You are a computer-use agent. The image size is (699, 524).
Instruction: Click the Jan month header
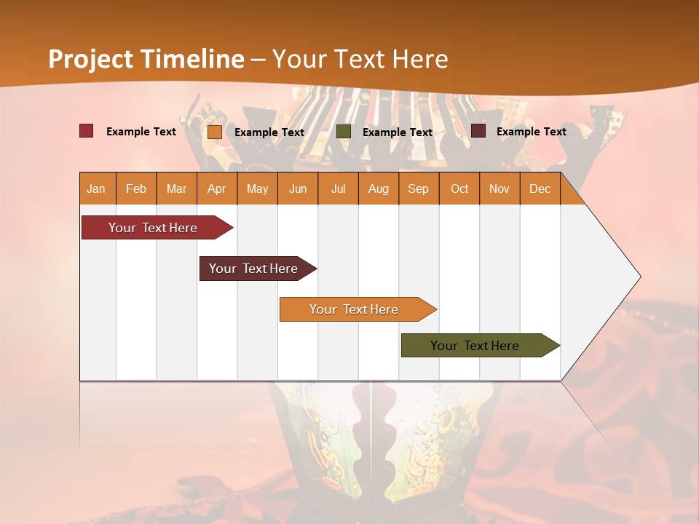click(96, 188)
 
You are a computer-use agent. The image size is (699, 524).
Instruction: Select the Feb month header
click(136, 188)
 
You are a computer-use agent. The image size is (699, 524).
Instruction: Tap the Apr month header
click(217, 188)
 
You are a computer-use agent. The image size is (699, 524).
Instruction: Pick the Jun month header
click(298, 188)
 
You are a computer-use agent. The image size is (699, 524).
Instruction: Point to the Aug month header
click(379, 188)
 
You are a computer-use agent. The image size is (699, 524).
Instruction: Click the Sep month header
click(419, 188)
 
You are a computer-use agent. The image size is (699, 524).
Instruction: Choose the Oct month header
click(459, 188)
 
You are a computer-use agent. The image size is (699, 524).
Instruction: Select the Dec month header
click(540, 188)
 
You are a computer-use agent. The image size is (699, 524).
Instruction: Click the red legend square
click(87, 131)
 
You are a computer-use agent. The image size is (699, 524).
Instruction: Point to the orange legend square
click(215, 132)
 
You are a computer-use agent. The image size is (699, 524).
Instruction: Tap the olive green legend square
click(344, 132)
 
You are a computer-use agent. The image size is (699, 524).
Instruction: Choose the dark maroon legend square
click(478, 131)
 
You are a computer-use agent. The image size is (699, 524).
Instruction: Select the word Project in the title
click(90, 59)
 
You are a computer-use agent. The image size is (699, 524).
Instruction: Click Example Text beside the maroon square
click(531, 132)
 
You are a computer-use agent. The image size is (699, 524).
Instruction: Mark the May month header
click(257, 188)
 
